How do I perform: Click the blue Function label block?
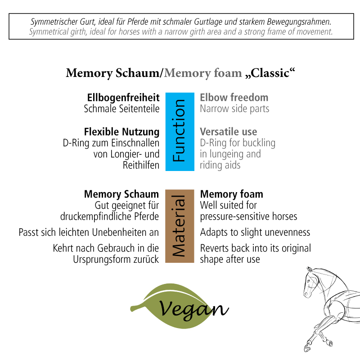(x=180, y=132)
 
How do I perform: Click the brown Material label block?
(x=180, y=226)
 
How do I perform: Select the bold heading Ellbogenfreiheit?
(x=123, y=98)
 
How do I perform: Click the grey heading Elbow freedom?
(x=234, y=98)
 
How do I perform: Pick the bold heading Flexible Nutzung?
(x=121, y=132)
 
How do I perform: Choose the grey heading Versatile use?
(x=229, y=132)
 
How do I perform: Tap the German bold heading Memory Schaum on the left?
(x=121, y=194)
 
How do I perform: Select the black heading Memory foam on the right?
(x=232, y=194)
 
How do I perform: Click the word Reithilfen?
(x=141, y=165)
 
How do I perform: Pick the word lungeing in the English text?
(x=226, y=154)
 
